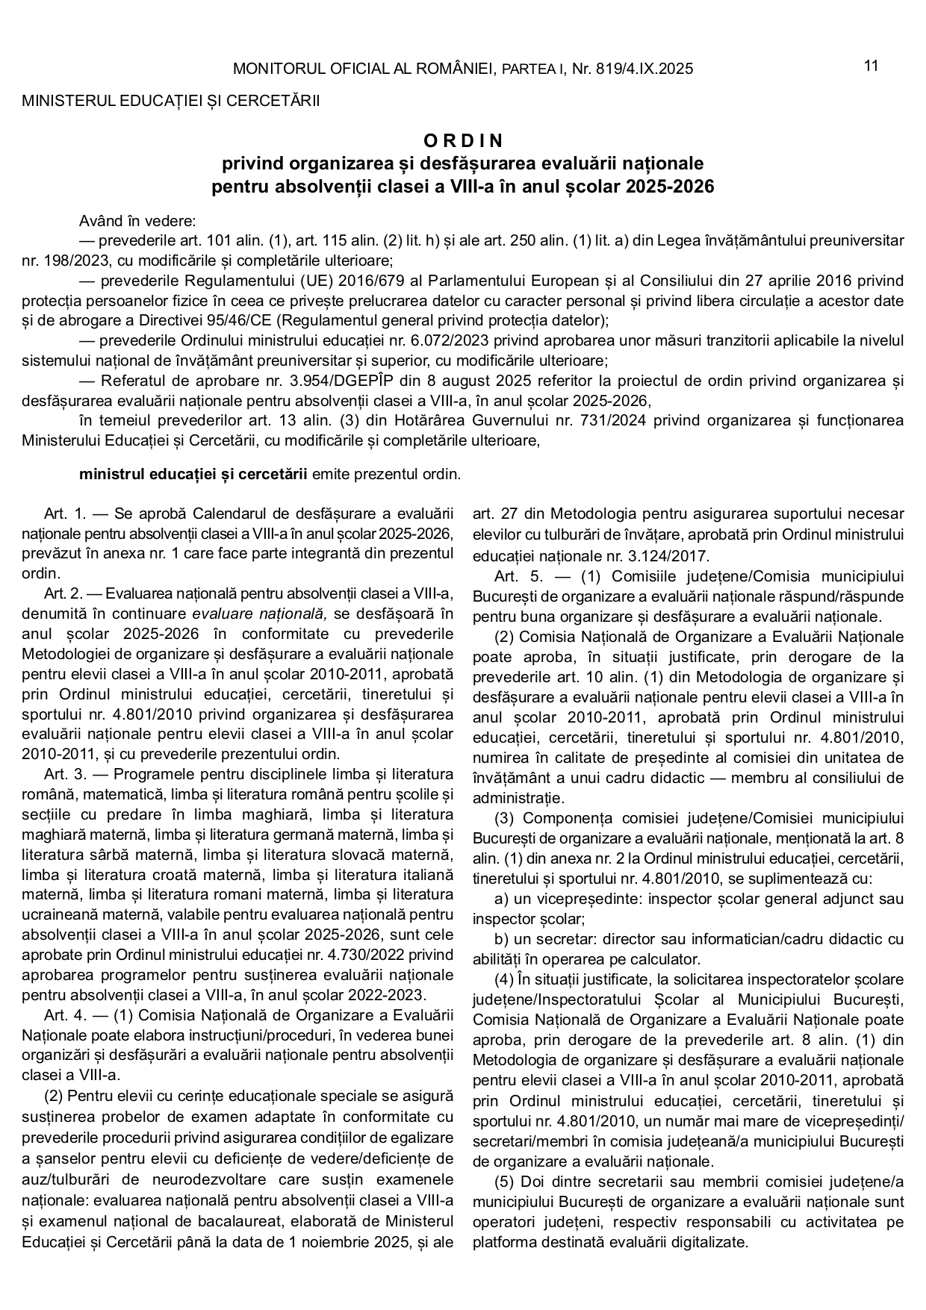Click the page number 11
click(x=871, y=66)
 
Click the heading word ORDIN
click(x=463, y=140)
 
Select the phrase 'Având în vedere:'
click(x=137, y=221)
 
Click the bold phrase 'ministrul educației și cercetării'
click(x=193, y=474)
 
